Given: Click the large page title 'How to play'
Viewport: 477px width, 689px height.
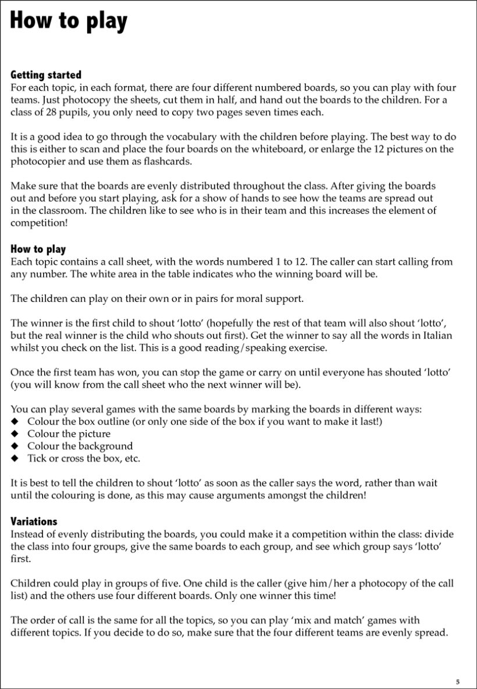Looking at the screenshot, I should click(x=68, y=22).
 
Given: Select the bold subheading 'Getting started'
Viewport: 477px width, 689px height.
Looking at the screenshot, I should click(x=46, y=75).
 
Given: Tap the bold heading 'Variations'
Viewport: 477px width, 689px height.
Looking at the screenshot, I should click(x=34, y=521).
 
